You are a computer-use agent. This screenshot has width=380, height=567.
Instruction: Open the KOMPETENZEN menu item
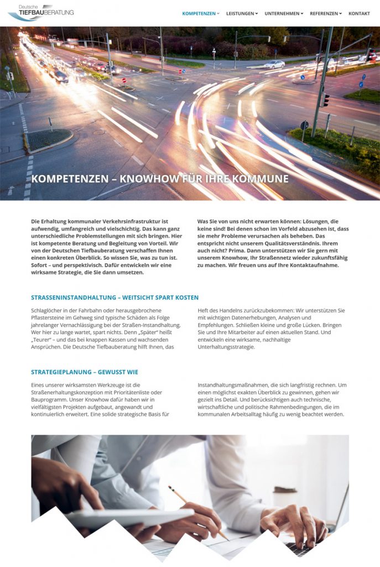tap(199, 13)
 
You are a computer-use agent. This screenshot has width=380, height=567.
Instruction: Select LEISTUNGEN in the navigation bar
tap(241, 13)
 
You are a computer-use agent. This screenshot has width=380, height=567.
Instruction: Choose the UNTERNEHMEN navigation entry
tap(282, 13)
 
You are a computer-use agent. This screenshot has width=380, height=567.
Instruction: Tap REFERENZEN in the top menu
tap(324, 13)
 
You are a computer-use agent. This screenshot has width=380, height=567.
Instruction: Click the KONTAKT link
tap(359, 13)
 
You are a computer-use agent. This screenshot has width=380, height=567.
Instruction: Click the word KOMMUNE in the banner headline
tap(262, 179)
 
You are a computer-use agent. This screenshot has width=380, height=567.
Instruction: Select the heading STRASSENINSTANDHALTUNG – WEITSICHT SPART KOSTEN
tap(114, 297)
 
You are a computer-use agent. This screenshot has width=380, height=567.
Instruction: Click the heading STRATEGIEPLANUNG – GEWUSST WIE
tap(85, 372)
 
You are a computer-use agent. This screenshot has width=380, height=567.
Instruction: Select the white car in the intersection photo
tap(274, 64)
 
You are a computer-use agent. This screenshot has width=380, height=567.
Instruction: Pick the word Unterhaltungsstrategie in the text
tap(226, 347)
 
